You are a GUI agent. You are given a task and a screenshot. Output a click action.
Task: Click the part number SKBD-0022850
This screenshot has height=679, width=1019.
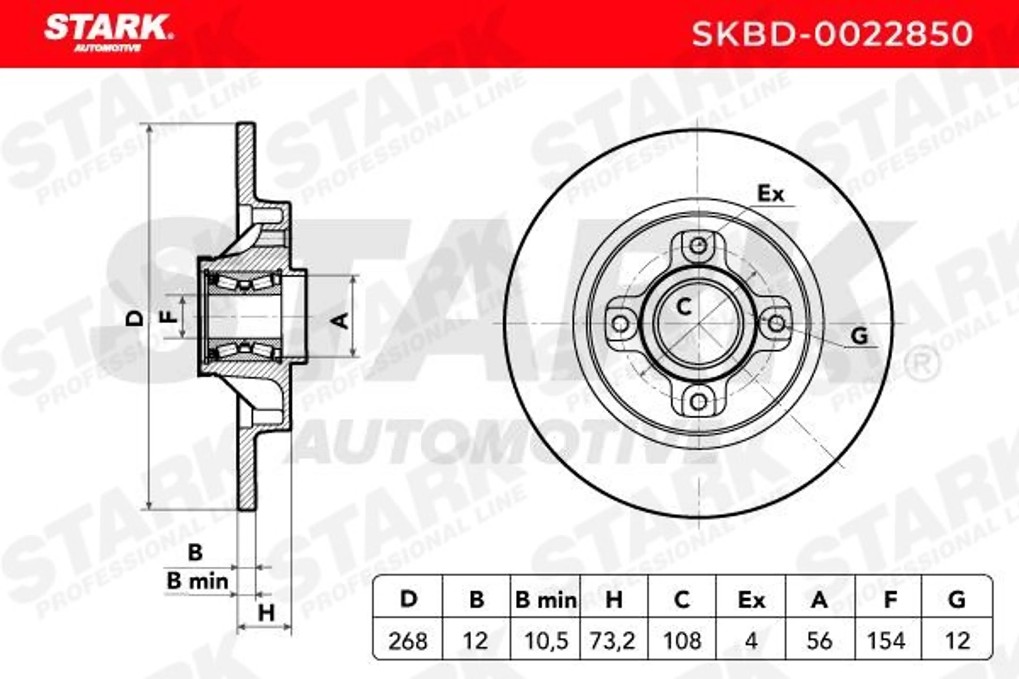(832, 35)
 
